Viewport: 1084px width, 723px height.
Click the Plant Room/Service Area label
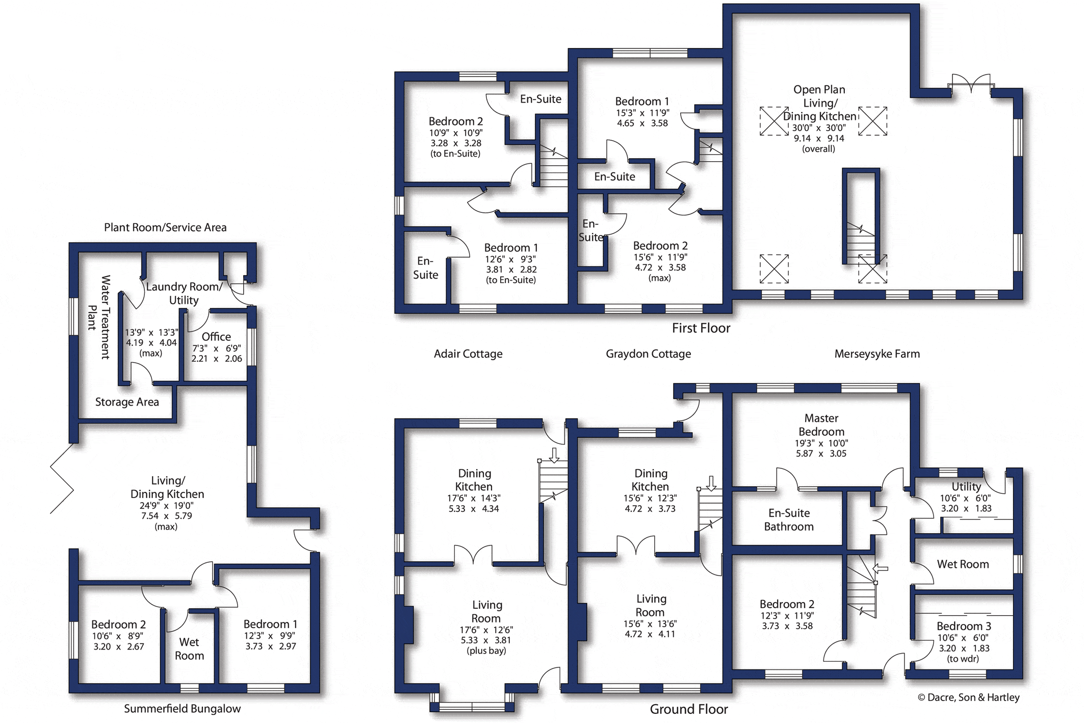click(x=165, y=228)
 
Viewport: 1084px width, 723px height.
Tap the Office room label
click(x=216, y=337)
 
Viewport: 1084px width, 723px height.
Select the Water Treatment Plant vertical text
click(x=99, y=317)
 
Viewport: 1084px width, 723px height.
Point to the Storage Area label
click(x=127, y=402)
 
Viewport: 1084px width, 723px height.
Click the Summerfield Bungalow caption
click(x=182, y=709)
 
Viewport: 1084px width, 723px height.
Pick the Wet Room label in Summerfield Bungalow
click(x=189, y=649)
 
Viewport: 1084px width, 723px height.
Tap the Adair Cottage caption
click(x=468, y=354)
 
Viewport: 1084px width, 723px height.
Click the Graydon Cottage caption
click(x=648, y=354)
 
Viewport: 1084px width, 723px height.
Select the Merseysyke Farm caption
click(x=877, y=354)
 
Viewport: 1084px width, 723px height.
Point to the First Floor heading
click(x=701, y=328)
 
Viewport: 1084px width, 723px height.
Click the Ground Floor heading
click(x=689, y=709)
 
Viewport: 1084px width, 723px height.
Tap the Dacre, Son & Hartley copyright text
click(x=968, y=697)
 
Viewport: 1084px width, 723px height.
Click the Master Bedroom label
click(x=821, y=425)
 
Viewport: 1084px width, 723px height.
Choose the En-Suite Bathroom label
click(x=789, y=520)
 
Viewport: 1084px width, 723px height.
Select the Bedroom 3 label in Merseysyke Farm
click(x=964, y=626)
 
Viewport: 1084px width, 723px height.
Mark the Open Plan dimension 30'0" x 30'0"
click(x=819, y=128)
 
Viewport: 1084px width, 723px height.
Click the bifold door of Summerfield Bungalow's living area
click(x=62, y=478)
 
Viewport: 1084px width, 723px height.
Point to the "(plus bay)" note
click(x=486, y=651)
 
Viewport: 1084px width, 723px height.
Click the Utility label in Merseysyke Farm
click(x=966, y=487)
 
